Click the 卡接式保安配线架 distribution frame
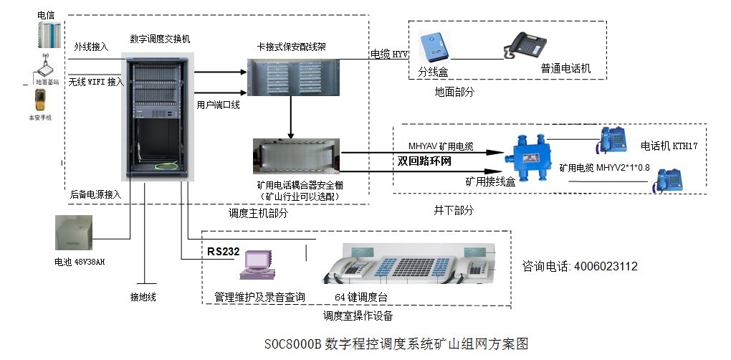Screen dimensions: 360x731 [291, 77]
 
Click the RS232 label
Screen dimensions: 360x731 [222, 252]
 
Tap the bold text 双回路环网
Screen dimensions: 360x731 [425, 161]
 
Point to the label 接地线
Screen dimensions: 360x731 [143, 296]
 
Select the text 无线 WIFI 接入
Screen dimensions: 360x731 [96, 82]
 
